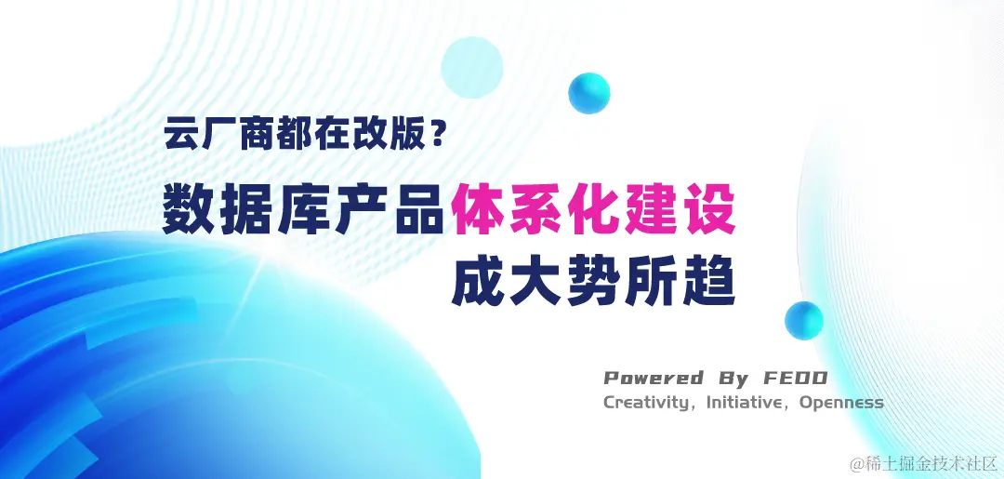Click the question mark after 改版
pos(437,135)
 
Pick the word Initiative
pos(744,402)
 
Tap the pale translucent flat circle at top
pos(472,67)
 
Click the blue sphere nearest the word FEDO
pos(804,320)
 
